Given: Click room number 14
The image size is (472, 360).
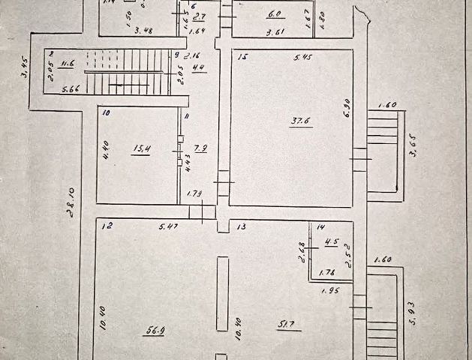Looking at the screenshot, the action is pyautogui.click(x=320, y=226).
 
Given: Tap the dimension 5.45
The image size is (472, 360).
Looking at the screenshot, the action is pyautogui.click(x=302, y=57).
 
